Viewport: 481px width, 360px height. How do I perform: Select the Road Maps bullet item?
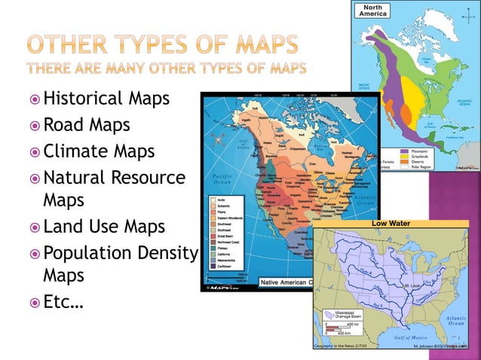pos(87,124)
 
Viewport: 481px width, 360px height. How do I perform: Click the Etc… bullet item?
pos(63,304)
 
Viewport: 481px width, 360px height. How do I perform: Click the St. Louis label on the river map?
pos(413,287)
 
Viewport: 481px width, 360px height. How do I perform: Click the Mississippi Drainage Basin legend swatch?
pos(329,313)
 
